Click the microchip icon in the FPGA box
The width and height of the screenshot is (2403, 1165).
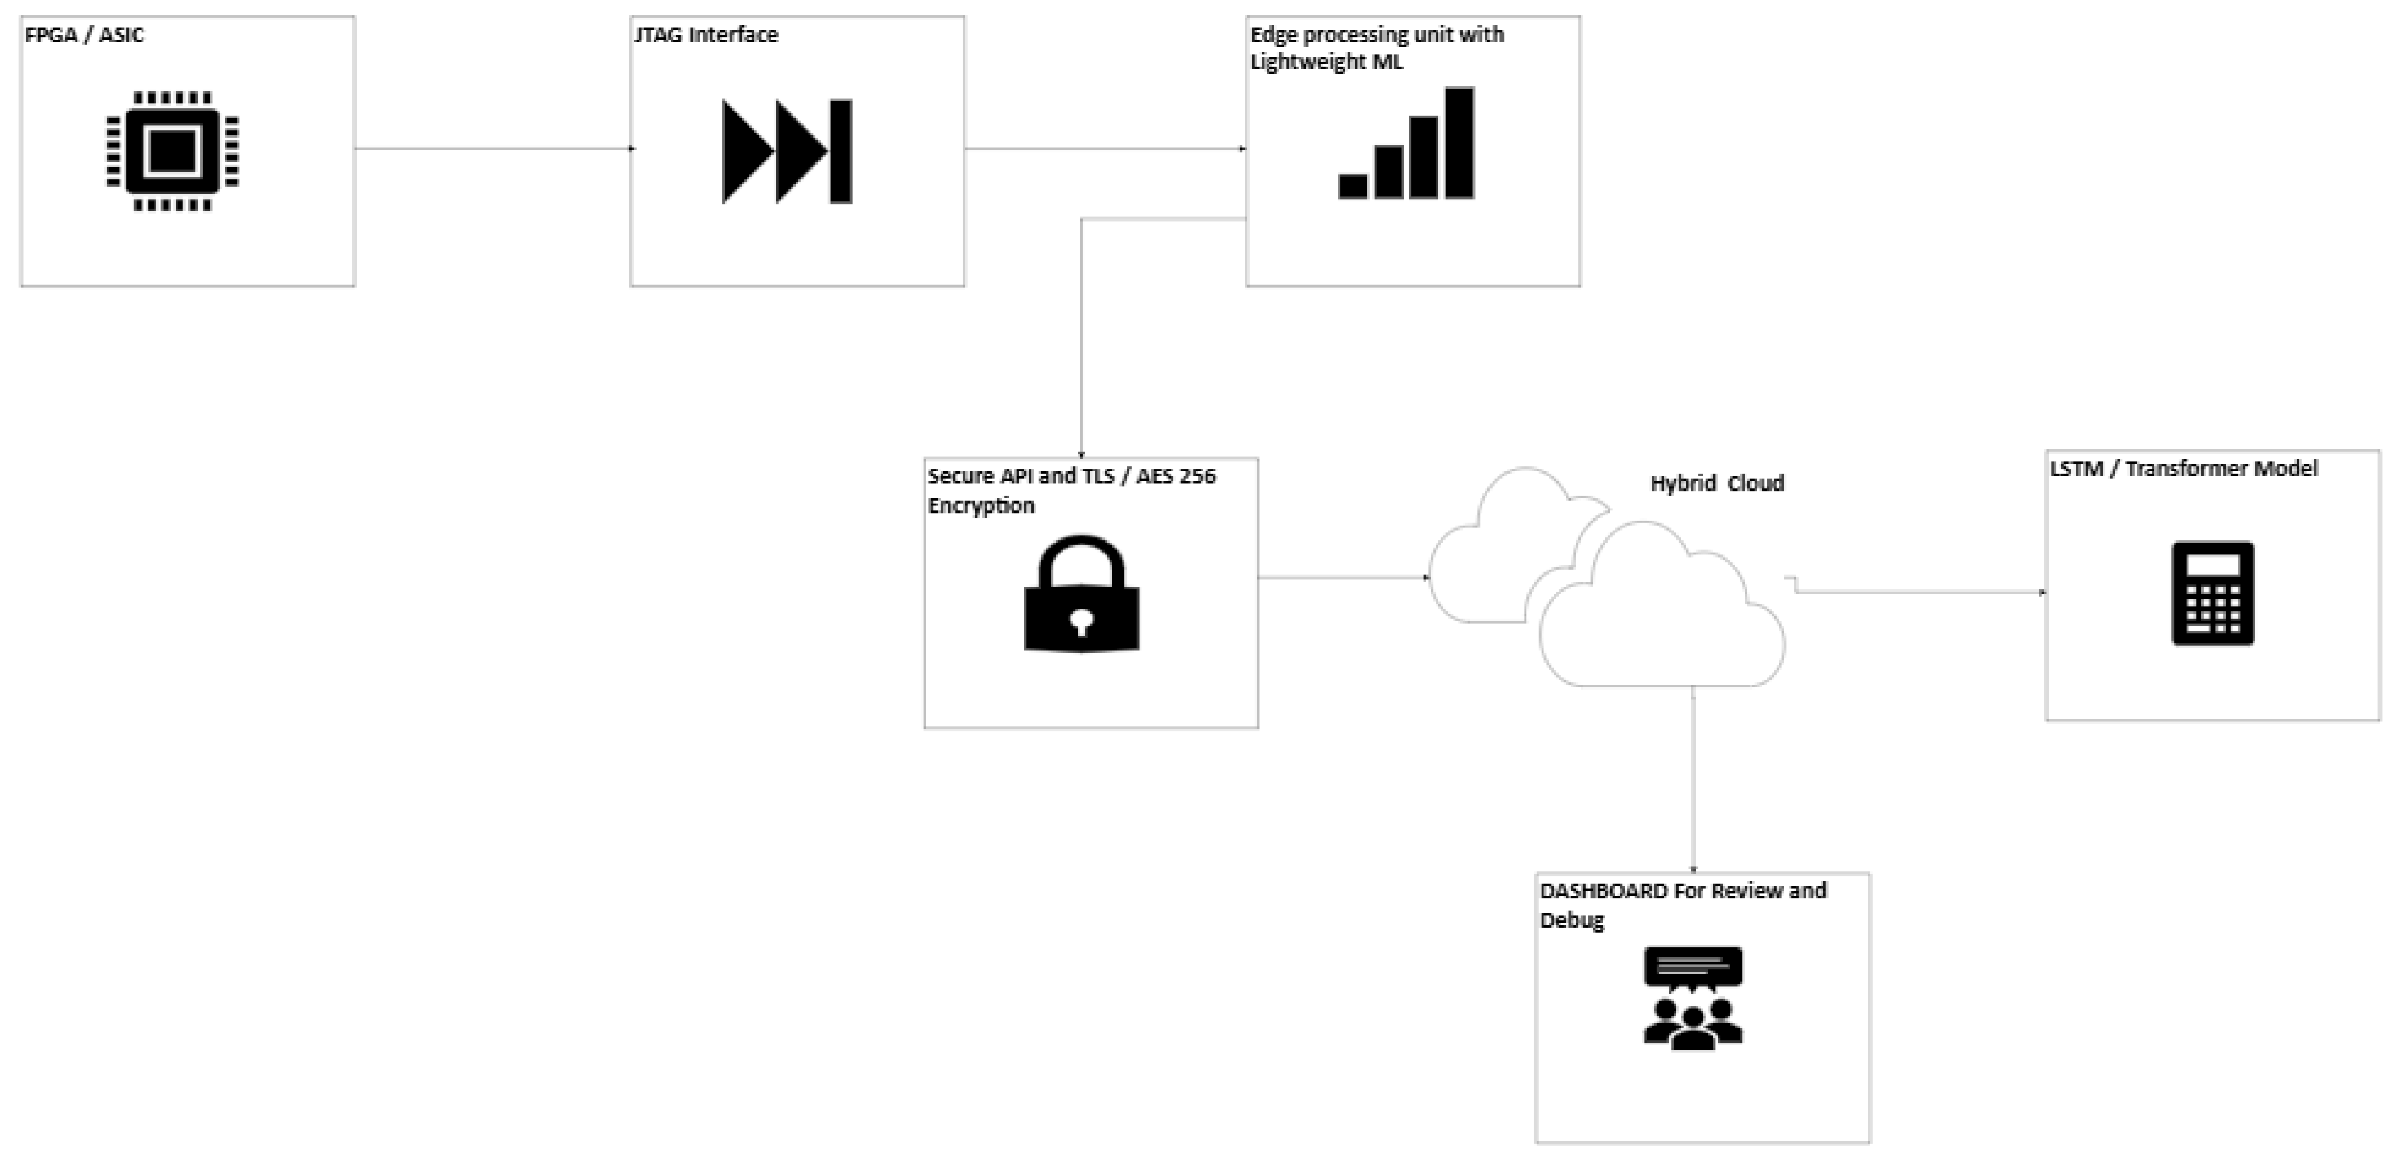pos(172,151)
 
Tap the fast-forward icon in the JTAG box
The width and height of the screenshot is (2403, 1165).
pos(787,151)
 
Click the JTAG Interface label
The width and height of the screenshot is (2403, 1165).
pos(706,35)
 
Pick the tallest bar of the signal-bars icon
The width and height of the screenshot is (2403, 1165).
pos(1459,143)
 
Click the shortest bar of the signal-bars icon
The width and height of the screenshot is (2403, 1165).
pos(1353,186)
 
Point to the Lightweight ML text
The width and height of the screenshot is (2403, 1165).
pos(1326,62)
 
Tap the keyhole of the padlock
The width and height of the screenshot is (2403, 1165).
pos(1081,621)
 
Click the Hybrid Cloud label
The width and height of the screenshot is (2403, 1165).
pos(1717,483)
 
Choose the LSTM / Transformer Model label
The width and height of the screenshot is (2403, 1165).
pos(2183,468)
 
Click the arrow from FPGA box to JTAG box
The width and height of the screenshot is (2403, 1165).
pos(495,149)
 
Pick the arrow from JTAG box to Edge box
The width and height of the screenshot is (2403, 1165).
pos(1106,149)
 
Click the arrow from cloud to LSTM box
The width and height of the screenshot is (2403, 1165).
pos(1922,592)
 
